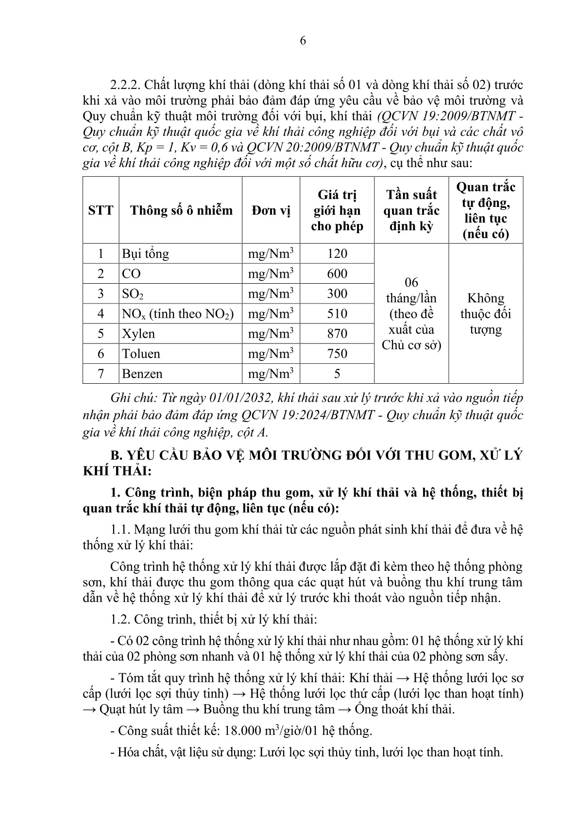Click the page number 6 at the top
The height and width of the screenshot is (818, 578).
click(303, 41)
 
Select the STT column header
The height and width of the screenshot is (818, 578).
click(101, 210)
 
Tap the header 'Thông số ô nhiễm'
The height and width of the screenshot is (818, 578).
click(181, 210)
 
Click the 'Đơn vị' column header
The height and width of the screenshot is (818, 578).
click(271, 210)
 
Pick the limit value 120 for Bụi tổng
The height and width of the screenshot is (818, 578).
click(337, 254)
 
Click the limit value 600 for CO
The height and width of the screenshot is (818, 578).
click(337, 273)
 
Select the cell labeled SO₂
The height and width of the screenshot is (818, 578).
click(133, 294)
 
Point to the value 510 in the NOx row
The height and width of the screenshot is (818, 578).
click(337, 314)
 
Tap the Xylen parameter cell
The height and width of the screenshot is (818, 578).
click(138, 334)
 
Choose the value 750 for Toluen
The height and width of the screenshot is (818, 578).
click(337, 354)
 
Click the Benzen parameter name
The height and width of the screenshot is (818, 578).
click(142, 374)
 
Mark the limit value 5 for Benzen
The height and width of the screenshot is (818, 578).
click(337, 374)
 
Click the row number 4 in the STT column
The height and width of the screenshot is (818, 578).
click(101, 314)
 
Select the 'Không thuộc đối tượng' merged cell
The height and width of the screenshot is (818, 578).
click(486, 314)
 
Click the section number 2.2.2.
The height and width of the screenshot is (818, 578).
click(125, 85)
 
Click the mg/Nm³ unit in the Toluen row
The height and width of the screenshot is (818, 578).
click(271, 354)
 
